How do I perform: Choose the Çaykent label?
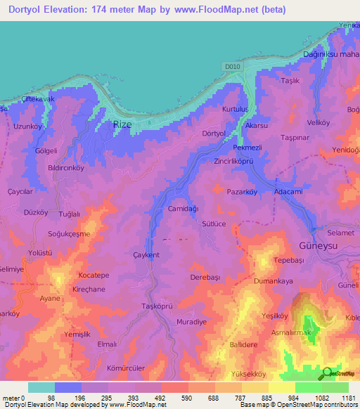click(146, 254)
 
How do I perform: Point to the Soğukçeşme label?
click(70, 233)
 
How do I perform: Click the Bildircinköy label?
click(56, 168)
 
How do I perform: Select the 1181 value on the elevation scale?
click(345, 398)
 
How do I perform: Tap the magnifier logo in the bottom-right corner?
click(328, 374)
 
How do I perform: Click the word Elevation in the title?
click(78, 10)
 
